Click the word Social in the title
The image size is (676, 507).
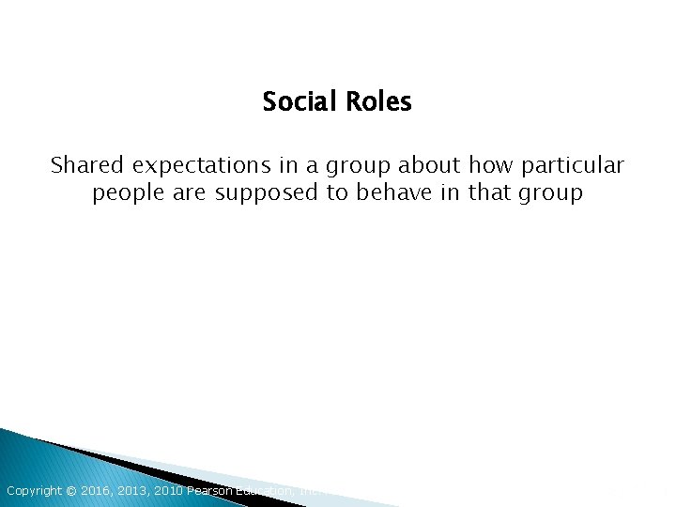295,101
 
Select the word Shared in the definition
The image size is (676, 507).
87,166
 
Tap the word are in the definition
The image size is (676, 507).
187,194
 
